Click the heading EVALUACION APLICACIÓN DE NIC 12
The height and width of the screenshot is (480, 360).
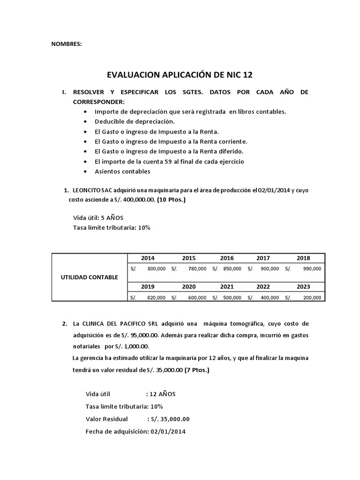(x=182, y=75)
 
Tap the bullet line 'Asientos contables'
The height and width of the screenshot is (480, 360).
(x=122, y=171)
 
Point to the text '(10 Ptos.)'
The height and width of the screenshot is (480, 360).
(x=171, y=200)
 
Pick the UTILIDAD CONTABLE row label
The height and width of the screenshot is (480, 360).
(x=90, y=277)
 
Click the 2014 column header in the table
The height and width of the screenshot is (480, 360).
(x=147, y=258)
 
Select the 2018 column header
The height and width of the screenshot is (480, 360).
(x=303, y=258)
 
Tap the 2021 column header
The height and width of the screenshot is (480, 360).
(x=227, y=286)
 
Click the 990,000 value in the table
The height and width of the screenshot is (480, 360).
(x=312, y=269)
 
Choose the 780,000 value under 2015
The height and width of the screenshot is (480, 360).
(x=197, y=269)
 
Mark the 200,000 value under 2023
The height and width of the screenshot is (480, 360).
(x=312, y=297)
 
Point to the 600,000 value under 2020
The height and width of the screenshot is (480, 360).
(x=197, y=297)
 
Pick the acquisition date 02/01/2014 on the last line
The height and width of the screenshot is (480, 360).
(x=167, y=431)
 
